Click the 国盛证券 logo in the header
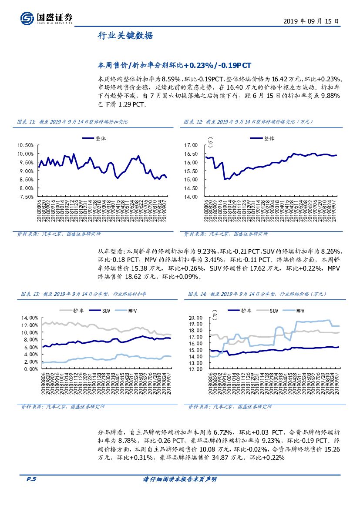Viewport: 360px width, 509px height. point(47,18)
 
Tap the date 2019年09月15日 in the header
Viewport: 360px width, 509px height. point(310,20)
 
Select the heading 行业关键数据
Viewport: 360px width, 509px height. point(125,36)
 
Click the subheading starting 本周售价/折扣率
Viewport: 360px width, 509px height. point(174,65)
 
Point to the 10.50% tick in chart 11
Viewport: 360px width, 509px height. point(25,145)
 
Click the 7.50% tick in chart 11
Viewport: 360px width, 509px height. point(26,197)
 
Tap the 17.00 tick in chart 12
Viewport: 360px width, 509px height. point(191,145)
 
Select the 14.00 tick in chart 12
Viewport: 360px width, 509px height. point(191,197)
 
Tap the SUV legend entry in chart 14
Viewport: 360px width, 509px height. point(273,311)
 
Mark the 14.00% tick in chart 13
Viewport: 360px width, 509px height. point(29,318)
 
